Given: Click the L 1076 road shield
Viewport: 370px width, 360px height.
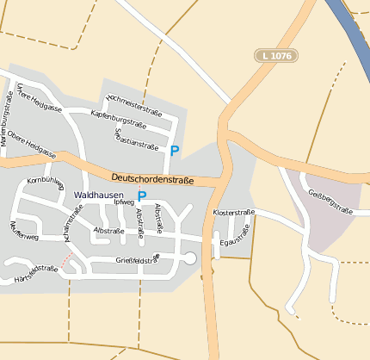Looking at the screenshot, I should [274, 55].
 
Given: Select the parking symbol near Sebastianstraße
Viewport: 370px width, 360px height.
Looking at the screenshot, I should [175, 151].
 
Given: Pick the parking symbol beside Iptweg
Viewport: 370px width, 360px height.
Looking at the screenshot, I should [142, 196].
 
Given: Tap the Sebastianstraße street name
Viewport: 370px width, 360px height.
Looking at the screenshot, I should [136, 139].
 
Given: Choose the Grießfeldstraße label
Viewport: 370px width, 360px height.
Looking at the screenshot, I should [138, 260].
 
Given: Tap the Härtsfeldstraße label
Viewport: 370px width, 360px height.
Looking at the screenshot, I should [36, 274].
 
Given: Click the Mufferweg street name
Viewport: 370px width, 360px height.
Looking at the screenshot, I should [23, 231].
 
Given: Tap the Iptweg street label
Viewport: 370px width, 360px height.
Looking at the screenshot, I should [124, 202].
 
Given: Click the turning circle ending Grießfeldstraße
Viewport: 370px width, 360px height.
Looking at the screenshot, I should [190, 258].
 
